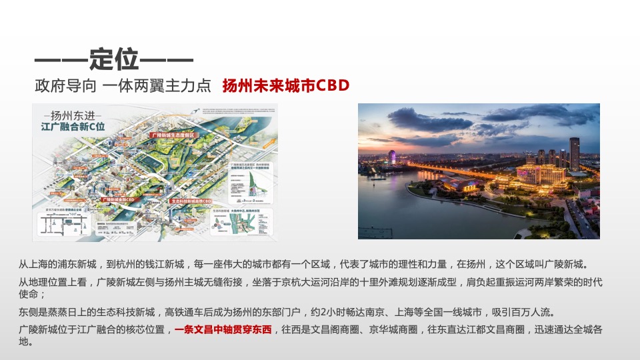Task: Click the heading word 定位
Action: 114,60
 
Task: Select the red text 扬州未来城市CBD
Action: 286,86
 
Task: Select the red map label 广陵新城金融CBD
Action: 125,199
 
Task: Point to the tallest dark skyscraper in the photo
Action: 574,153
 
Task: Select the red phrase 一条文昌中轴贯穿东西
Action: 223,329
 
